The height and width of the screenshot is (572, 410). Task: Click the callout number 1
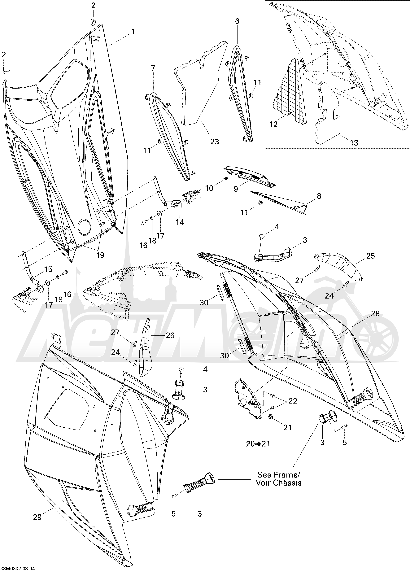click(x=133, y=32)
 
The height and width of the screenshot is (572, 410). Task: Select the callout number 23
click(x=215, y=142)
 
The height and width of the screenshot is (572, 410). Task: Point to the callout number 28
click(x=375, y=313)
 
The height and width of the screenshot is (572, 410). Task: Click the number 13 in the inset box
click(x=354, y=143)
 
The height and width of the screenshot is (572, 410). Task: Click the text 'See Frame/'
click(x=279, y=475)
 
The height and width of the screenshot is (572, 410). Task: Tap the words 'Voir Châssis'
click(x=279, y=483)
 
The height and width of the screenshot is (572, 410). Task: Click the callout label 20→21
click(x=258, y=444)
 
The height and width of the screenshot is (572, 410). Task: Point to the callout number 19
click(x=100, y=255)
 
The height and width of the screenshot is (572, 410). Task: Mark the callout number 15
click(x=48, y=269)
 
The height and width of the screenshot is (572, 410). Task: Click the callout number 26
click(x=170, y=335)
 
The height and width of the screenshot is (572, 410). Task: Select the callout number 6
click(x=237, y=21)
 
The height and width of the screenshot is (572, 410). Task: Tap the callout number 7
click(x=153, y=68)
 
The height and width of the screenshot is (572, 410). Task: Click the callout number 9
click(x=236, y=189)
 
